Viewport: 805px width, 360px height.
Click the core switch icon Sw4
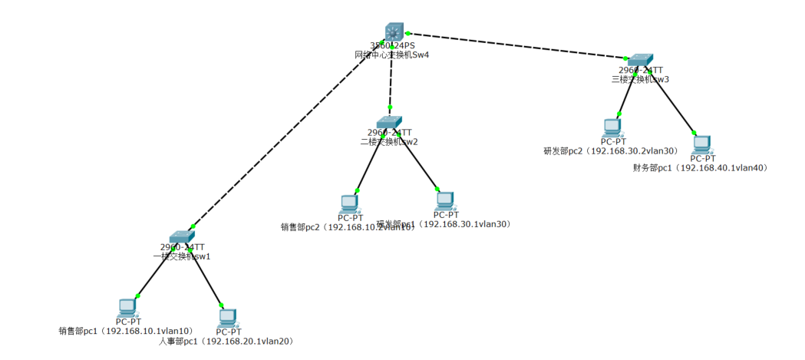(394, 31)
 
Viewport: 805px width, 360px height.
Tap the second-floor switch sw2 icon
(389, 122)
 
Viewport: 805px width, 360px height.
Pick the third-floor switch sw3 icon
(639, 60)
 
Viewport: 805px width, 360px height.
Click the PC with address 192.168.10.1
(128, 307)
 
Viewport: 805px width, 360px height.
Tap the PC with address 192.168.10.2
(349, 203)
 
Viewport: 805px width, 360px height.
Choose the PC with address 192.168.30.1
(444, 200)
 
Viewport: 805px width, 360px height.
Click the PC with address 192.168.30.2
(612, 127)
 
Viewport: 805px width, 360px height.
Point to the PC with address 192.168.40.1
(701, 144)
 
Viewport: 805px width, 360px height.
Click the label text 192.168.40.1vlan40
(723, 167)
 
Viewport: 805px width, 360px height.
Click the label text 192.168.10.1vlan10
(148, 332)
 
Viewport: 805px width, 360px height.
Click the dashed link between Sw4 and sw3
(518, 45)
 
